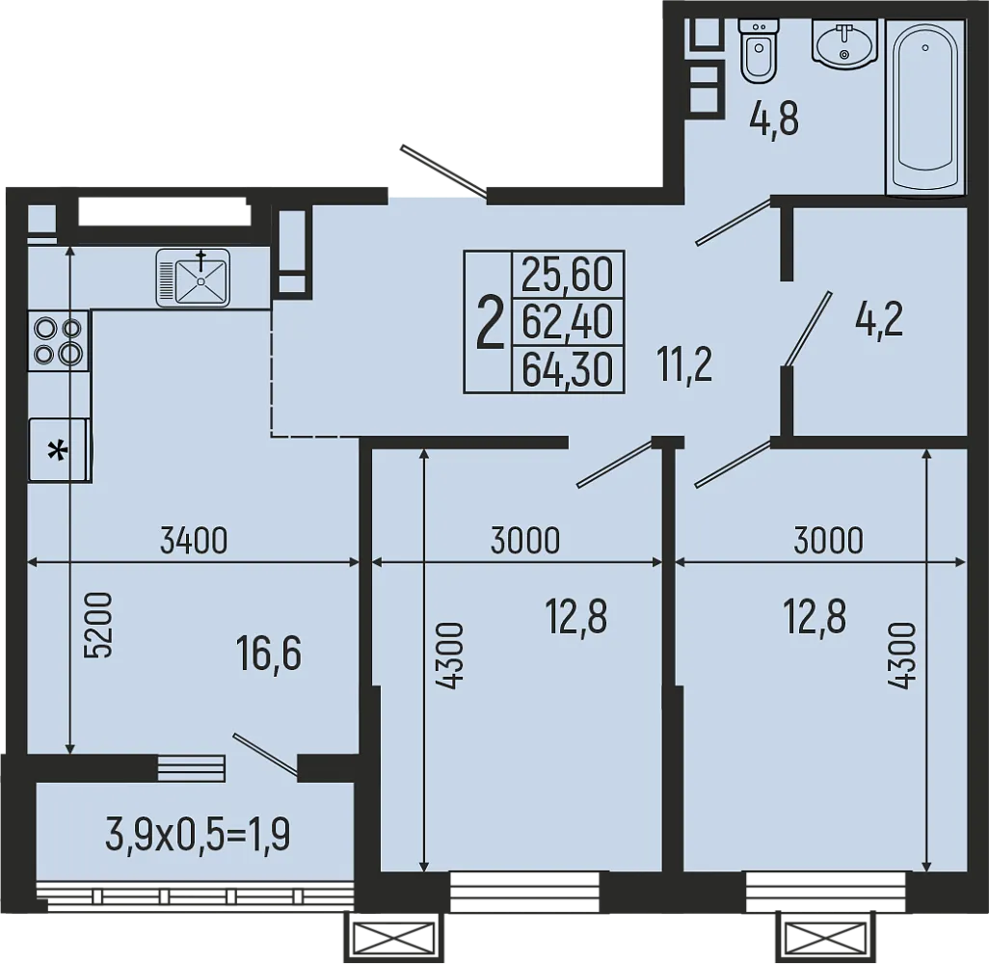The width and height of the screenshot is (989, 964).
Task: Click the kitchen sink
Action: (193, 278)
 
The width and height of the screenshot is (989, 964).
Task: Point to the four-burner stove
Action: (59, 340)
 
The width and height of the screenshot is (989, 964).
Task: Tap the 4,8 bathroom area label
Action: (774, 120)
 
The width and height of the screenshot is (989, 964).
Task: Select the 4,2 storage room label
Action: (878, 320)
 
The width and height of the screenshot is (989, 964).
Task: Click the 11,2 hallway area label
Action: (684, 365)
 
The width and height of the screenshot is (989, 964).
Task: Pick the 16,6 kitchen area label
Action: (269, 654)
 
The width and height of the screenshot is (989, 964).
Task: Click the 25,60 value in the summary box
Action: (568, 275)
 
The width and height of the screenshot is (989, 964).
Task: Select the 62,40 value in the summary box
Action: (568, 322)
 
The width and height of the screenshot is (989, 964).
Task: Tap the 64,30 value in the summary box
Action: (568, 369)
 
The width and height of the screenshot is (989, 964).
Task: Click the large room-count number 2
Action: (491, 324)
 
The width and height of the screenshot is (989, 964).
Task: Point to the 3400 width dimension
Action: (194, 542)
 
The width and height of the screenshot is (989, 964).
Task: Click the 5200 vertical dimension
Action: (98, 625)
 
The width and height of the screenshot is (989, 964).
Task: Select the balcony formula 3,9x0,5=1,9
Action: (198, 835)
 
